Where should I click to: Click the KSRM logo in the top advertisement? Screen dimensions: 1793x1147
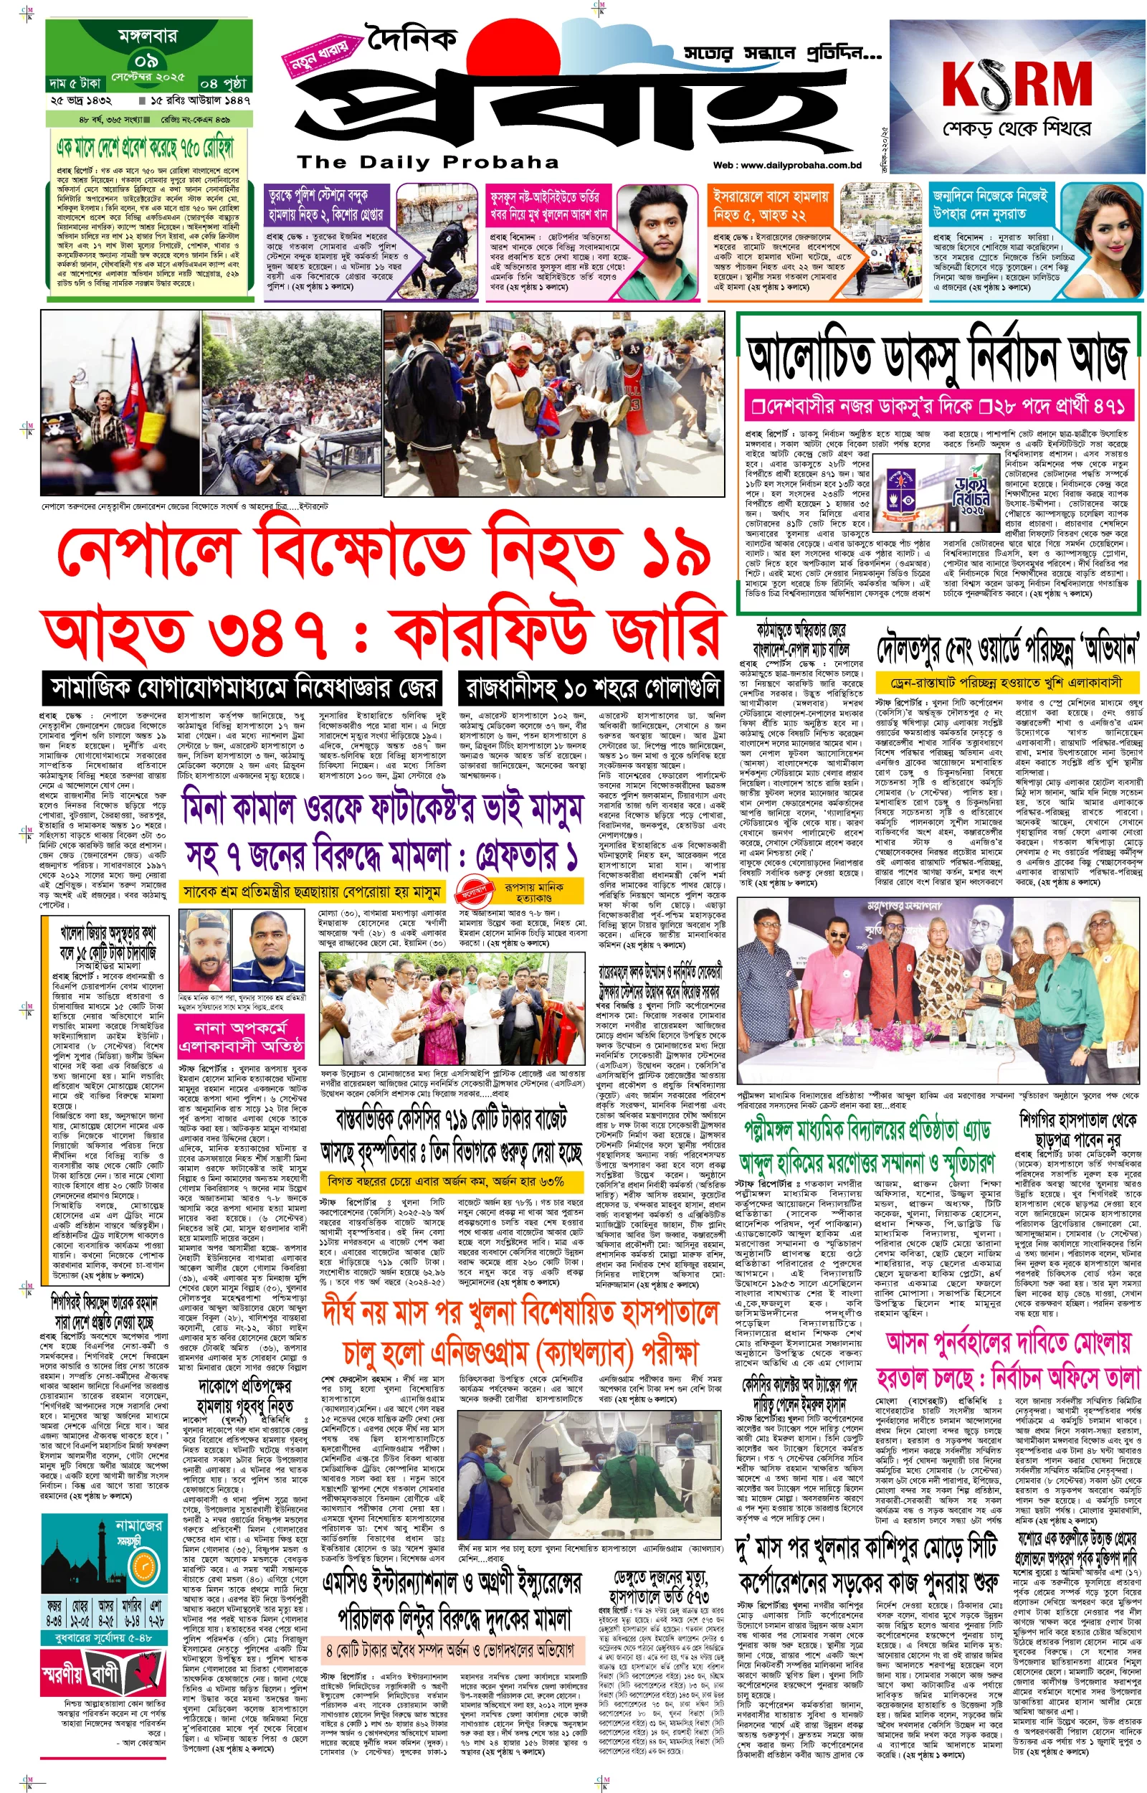[1017, 84]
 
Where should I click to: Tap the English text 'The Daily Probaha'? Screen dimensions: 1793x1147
[427, 161]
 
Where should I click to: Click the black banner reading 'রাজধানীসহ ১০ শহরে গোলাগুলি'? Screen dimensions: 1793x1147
[591, 686]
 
